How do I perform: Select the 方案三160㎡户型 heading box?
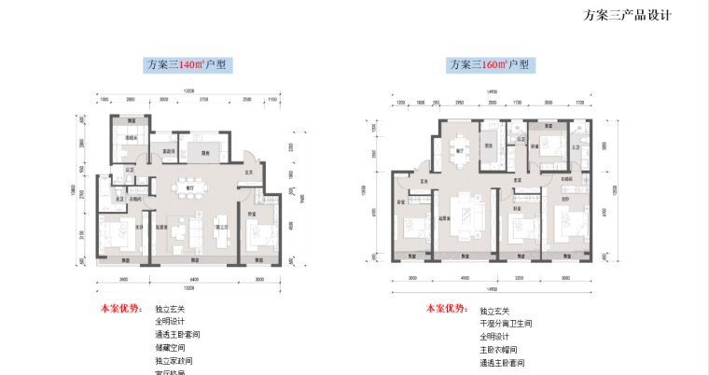pos(489,65)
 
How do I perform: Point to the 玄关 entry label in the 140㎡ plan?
pos(249,172)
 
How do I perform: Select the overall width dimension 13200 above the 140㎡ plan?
pos(188,90)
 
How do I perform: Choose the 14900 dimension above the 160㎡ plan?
pos(489,90)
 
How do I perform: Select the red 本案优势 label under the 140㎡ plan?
pos(119,307)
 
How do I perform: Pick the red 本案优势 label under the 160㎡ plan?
pos(445,308)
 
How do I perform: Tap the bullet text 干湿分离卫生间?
pos(507,323)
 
